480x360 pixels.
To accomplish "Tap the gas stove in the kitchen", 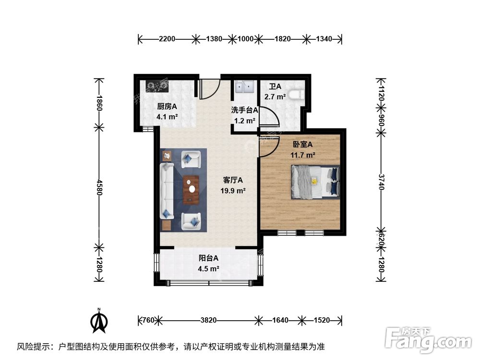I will click(158, 86).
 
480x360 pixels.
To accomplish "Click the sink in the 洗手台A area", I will click(245, 87).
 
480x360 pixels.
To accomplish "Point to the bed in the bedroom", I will click(314, 181).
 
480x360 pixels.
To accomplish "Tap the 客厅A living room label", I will click(233, 180).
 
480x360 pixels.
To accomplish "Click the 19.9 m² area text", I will click(233, 191).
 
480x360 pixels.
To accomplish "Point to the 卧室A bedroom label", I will click(303, 144).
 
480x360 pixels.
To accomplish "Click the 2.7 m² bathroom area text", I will click(277, 96).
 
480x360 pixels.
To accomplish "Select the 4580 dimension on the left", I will click(99, 188).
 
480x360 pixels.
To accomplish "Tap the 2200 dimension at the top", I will click(167, 39).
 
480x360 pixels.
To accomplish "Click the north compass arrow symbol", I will click(100, 321).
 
